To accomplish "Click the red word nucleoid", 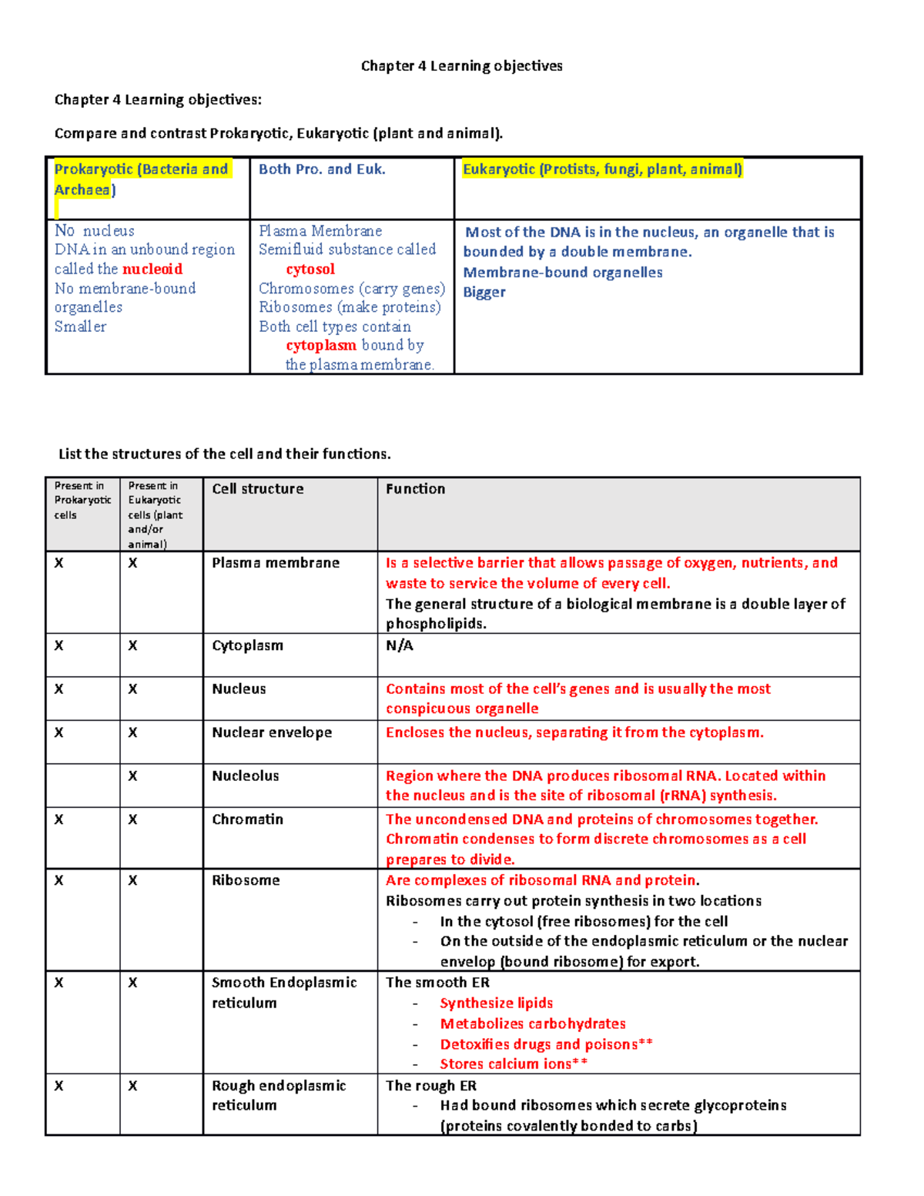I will coord(152,269).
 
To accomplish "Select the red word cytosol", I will coord(310,269).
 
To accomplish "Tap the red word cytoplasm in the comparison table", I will coord(321,345).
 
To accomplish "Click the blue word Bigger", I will coord(484,292).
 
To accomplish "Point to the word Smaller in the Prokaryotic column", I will coord(80,326).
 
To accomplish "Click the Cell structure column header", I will coord(258,489).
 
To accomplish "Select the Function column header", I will coord(415,489).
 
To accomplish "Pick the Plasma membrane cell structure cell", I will coord(276,563).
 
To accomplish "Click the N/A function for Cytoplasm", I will coord(400,645).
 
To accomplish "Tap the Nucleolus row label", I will coord(246,776).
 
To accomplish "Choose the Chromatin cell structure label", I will coord(247,819).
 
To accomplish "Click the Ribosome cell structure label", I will coord(246,880).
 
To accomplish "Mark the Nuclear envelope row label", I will coord(272,732).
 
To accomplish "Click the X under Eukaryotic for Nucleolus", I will coord(132,776).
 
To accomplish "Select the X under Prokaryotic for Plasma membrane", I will coord(59,563).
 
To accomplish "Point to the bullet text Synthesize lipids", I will coord(496,1003).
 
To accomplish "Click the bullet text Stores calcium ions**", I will coord(514,1064).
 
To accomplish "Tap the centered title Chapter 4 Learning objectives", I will coord(462,65).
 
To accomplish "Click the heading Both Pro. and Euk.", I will coord(322,169).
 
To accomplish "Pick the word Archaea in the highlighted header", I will coord(82,189).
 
